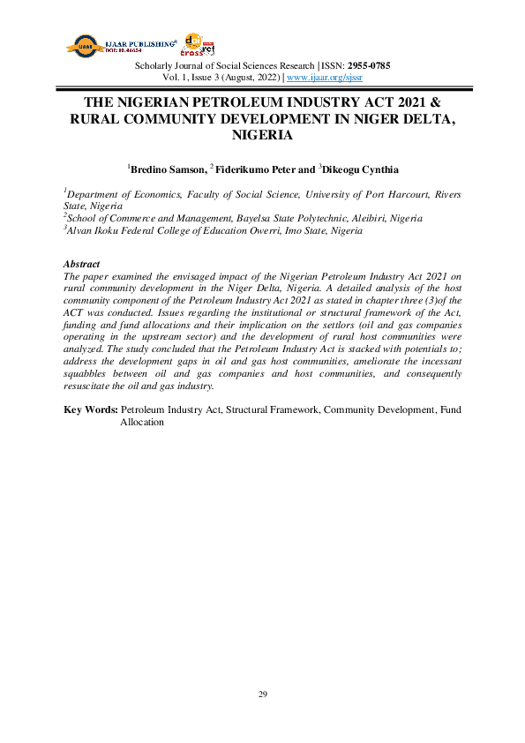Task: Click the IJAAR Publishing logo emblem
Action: [85, 47]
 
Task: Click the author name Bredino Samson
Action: [167, 168]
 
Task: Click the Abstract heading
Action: [82, 264]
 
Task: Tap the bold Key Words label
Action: [91, 410]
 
